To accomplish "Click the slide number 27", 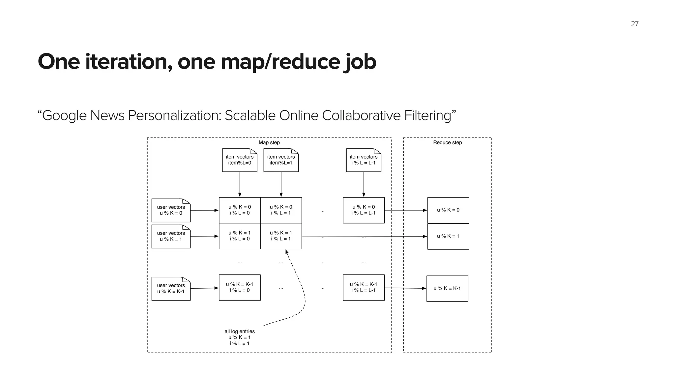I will (x=634, y=24).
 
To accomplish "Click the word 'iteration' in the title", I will (x=129, y=62).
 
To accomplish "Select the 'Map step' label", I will (x=269, y=142).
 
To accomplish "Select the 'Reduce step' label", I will (x=447, y=142).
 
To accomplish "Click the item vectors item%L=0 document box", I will (x=240, y=160).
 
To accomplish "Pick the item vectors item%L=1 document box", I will (x=281, y=160).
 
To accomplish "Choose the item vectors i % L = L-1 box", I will (x=364, y=160).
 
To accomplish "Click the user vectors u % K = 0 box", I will (x=171, y=210).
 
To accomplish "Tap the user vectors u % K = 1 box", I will (x=171, y=236).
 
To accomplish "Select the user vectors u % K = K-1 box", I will (x=171, y=289).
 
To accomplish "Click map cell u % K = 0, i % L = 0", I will (x=240, y=210).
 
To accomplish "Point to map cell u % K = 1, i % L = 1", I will (x=281, y=236).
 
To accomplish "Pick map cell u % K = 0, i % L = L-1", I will (x=364, y=210).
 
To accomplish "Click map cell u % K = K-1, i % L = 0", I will (x=240, y=287).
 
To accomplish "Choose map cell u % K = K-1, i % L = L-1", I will (x=364, y=287).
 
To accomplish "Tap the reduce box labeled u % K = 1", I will (x=448, y=236).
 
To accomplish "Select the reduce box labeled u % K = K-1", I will (x=447, y=289).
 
